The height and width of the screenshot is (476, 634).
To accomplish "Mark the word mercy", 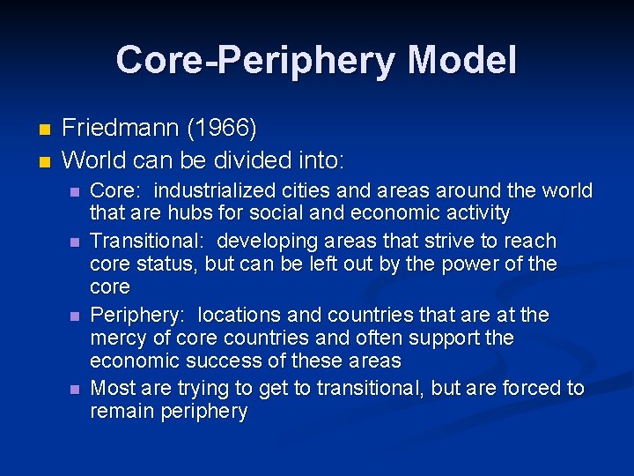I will (118, 338).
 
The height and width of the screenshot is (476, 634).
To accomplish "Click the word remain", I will (122, 412).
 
